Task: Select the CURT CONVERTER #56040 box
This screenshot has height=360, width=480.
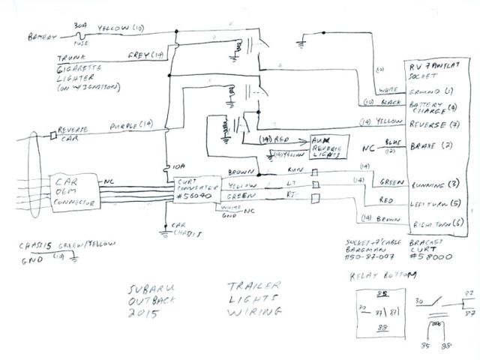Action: point(196,190)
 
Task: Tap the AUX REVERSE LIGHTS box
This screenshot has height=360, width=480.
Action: point(327,146)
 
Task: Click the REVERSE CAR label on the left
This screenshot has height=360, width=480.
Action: point(75,134)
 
